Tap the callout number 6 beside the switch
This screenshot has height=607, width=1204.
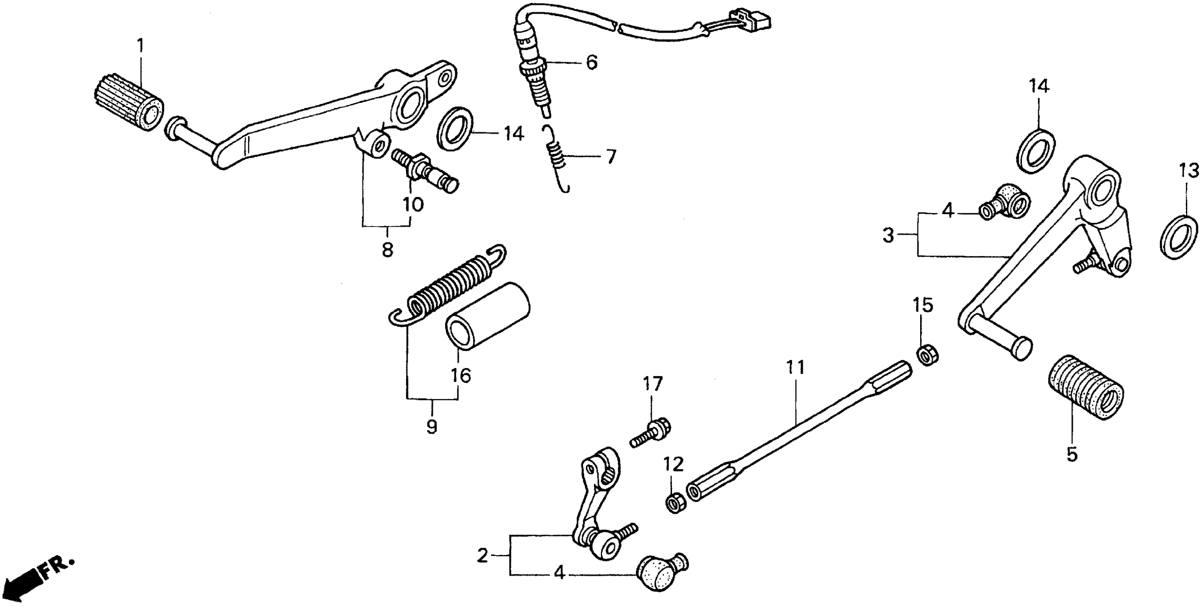pos(591,62)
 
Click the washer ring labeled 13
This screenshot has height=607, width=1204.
pos(1179,236)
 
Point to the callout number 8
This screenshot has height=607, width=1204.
pos(387,250)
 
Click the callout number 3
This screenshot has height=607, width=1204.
pos(888,235)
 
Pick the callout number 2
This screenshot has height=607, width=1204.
pos(482,556)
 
